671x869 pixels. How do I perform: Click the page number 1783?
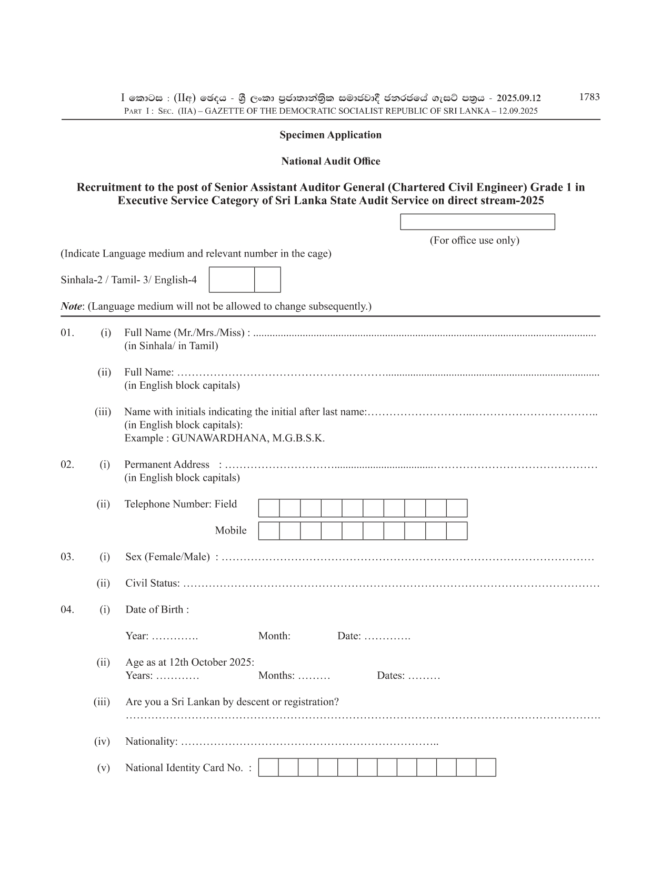tap(589, 97)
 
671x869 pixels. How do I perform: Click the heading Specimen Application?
tap(331, 135)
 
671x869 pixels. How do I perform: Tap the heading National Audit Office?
tap(331, 161)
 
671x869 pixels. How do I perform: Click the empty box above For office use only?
tap(477, 222)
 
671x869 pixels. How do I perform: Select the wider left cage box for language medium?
tap(232, 280)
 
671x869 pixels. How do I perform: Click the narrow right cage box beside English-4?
tap(267, 280)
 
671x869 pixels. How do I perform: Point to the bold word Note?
tap(71, 306)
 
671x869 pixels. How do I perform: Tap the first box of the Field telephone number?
tap(269, 508)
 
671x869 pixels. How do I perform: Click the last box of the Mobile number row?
tap(457, 531)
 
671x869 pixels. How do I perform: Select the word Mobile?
tap(231, 530)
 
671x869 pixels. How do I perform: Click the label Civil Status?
tap(152, 583)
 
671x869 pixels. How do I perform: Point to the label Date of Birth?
tap(157, 609)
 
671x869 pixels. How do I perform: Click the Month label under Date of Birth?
tap(274, 636)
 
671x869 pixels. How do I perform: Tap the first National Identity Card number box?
tap(268, 767)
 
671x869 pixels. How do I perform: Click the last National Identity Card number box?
tap(486, 767)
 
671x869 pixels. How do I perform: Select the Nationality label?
tap(151, 742)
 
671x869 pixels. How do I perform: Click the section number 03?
tap(67, 557)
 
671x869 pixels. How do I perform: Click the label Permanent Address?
tap(167, 465)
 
